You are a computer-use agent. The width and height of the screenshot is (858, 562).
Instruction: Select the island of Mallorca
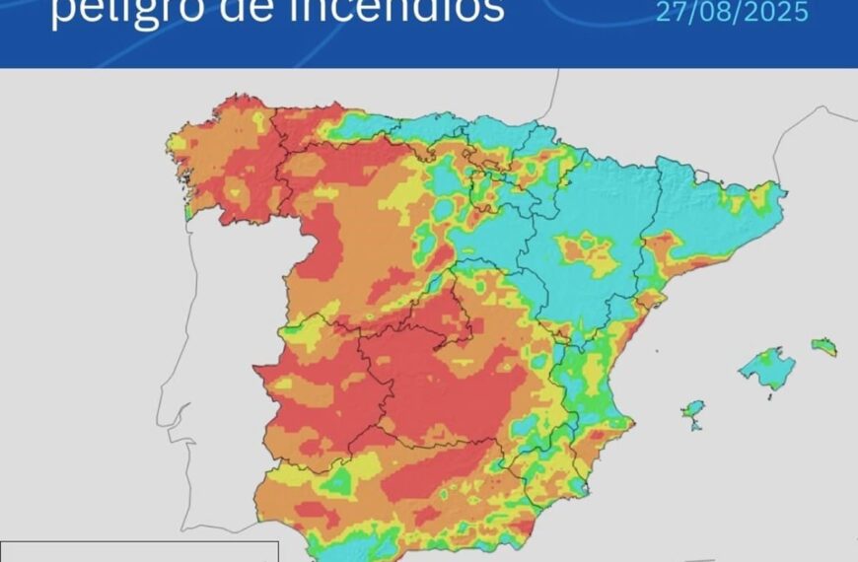click(768, 368)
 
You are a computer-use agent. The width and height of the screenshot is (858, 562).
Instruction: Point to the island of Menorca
click(824, 346)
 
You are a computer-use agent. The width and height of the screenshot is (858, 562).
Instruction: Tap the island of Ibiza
click(694, 408)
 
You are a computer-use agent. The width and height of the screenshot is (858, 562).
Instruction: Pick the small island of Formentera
click(698, 426)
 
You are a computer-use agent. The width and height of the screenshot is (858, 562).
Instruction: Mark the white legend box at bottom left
click(138, 551)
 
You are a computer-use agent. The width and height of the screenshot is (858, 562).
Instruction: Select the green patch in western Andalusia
click(339, 482)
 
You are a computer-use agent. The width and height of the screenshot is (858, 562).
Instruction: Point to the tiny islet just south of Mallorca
click(771, 396)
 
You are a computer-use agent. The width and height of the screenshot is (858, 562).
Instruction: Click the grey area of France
click(690, 108)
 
